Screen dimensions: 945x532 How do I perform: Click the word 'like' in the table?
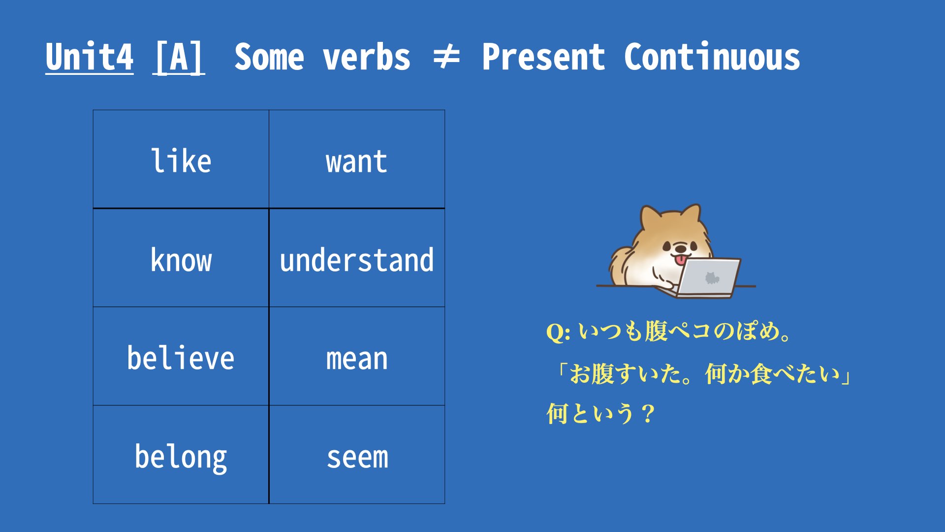[181, 161]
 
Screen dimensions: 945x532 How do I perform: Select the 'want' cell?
[357, 159]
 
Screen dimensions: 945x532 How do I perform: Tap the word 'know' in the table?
[181, 260]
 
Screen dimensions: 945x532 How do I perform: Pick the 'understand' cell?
[357, 258]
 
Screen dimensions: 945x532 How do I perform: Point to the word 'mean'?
[357, 359]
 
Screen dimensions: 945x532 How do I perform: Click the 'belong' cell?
[181, 455]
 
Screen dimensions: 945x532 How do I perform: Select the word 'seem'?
[357, 458]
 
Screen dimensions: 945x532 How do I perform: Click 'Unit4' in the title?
[89, 57]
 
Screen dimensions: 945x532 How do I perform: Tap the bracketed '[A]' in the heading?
[179, 57]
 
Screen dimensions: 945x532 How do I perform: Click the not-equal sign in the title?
[446, 58]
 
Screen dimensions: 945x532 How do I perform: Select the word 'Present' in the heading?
[543, 57]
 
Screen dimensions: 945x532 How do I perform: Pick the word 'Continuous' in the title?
[712, 57]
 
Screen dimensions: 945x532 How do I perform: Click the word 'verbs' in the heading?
[367, 57]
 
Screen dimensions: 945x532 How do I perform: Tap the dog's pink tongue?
[681, 260]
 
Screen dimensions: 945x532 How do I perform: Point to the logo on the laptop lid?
[712, 278]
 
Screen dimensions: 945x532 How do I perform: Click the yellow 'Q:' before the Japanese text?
[559, 332]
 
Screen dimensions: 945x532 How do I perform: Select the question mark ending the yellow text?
[648, 414]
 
